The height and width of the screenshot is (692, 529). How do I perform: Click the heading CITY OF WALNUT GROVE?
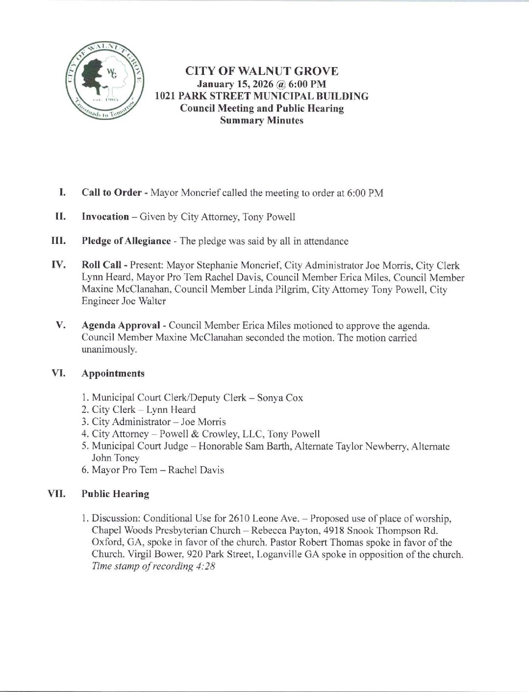(x=261, y=72)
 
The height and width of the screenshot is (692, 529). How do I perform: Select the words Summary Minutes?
(x=261, y=120)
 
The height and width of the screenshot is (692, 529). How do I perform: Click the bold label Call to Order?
(x=112, y=192)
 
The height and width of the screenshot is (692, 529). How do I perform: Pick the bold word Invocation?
(x=105, y=217)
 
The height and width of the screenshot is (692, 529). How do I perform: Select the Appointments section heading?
(x=113, y=374)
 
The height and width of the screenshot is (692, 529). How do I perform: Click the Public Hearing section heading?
(x=115, y=494)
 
